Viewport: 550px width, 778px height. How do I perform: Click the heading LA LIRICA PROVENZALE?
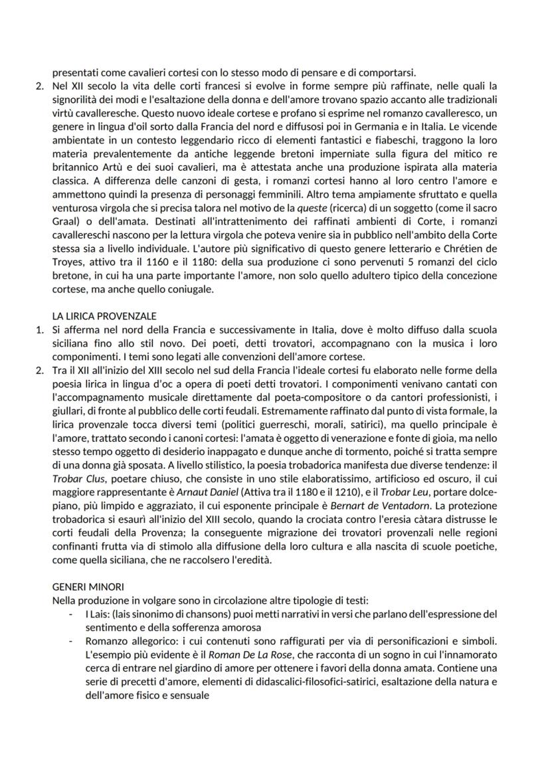click(x=104, y=316)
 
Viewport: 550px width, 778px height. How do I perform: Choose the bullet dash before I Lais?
click(x=71, y=614)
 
